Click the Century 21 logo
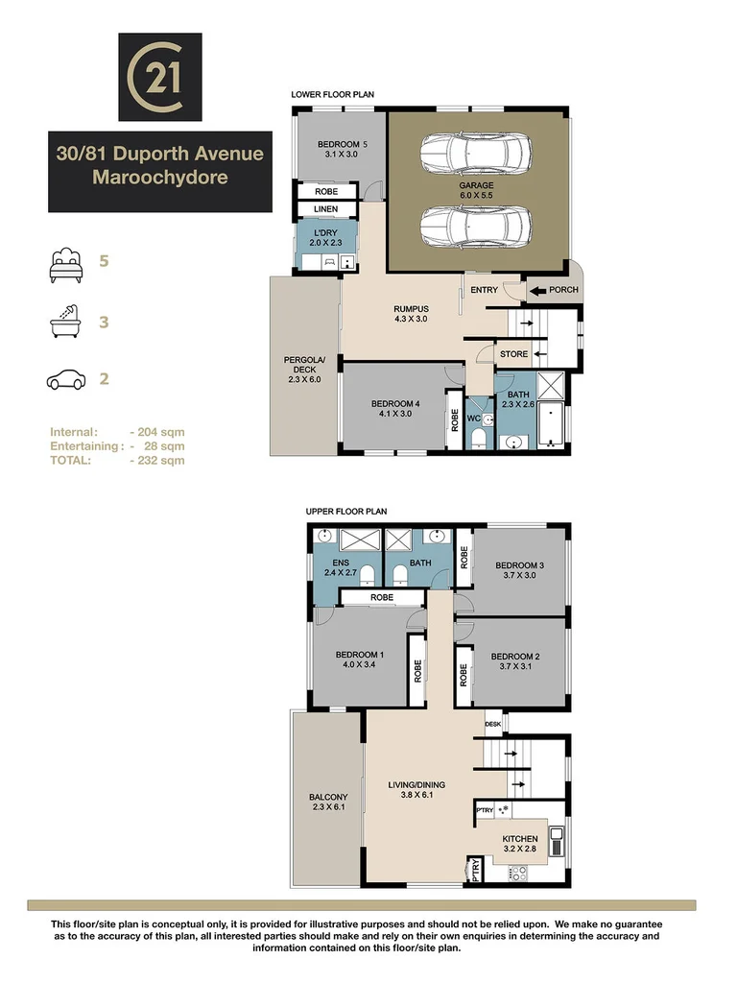click(x=159, y=75)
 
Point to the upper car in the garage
click(x=476, y=152)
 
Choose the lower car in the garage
click(x=476, y=227)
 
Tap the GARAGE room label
click(x=476, y=185)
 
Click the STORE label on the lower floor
click(x=514, y=354)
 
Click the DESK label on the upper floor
click(x=493, y=725)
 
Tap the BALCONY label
click(x=328, y=798)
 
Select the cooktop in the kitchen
click(x=517, y=873)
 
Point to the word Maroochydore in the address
click(x=155, y=178)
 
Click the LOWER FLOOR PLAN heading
click(x=332, y=95)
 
